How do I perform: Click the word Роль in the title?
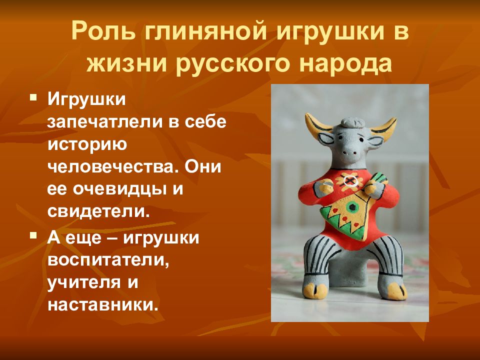103,31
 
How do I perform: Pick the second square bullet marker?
33,235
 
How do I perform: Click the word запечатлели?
104,122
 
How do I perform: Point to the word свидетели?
99,211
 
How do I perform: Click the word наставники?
103,304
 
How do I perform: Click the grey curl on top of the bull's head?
352,122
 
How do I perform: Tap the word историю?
87,145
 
